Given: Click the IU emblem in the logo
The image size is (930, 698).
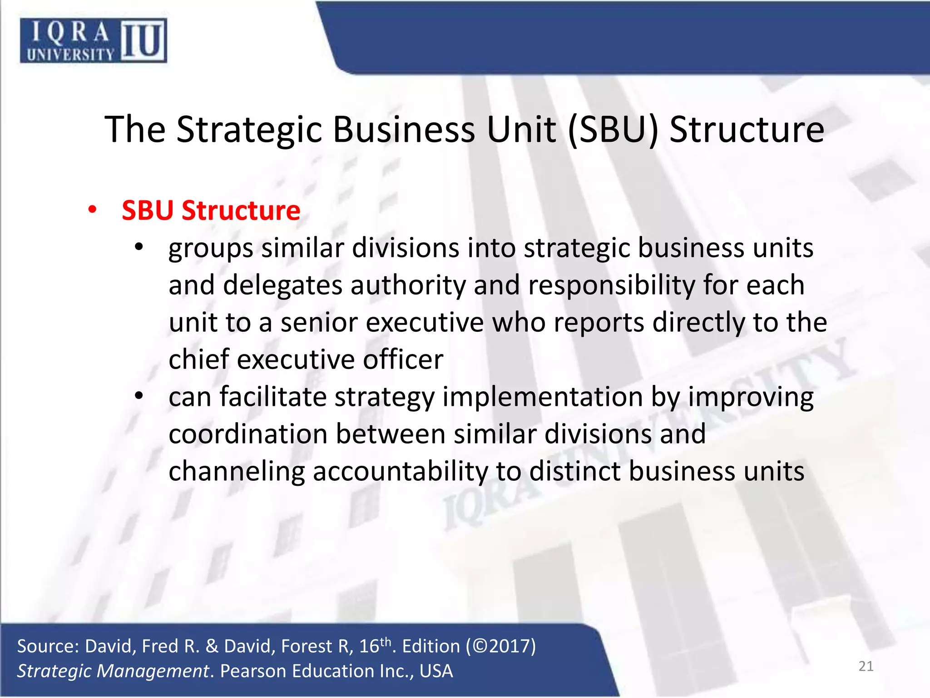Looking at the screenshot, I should point(143,40).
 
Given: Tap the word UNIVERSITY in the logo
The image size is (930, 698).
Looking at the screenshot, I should point(70,55).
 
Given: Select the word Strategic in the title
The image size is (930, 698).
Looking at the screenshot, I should point(249,130).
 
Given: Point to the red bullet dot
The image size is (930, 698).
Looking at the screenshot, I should point(93,210).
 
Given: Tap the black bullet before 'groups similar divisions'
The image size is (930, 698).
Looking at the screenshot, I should point(139,248).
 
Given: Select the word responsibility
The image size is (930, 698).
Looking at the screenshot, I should point(611,285).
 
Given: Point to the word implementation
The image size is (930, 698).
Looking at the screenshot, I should point(542,397).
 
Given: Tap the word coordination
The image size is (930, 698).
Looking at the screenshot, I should point(248,434).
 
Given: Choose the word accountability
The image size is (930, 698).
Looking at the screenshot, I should point(400,471).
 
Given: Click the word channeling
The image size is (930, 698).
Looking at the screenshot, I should point(237,471).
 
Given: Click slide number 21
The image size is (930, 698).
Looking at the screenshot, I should point(866,666).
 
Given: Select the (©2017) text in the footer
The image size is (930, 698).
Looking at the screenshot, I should point(501,646).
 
